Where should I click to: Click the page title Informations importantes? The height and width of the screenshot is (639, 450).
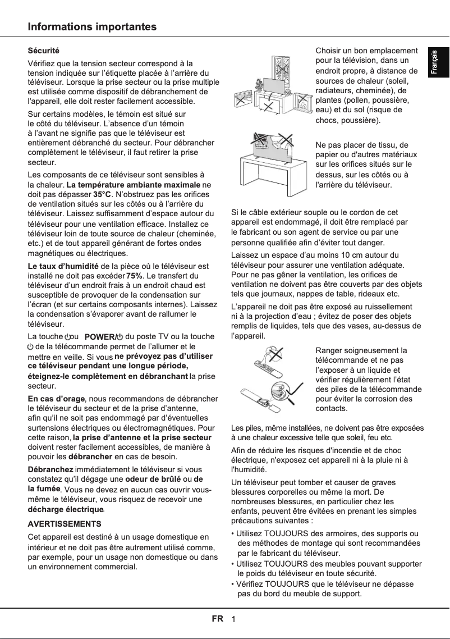93,27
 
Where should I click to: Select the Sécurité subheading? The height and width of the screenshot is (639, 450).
43,51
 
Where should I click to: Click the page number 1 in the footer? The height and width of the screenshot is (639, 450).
233,619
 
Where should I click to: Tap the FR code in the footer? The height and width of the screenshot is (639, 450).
217,619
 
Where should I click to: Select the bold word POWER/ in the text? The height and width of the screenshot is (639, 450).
99,337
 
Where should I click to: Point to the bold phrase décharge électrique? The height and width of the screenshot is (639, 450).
66,509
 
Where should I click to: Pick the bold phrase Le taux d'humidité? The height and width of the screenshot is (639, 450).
63,266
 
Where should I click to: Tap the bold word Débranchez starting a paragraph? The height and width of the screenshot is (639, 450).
50,469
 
